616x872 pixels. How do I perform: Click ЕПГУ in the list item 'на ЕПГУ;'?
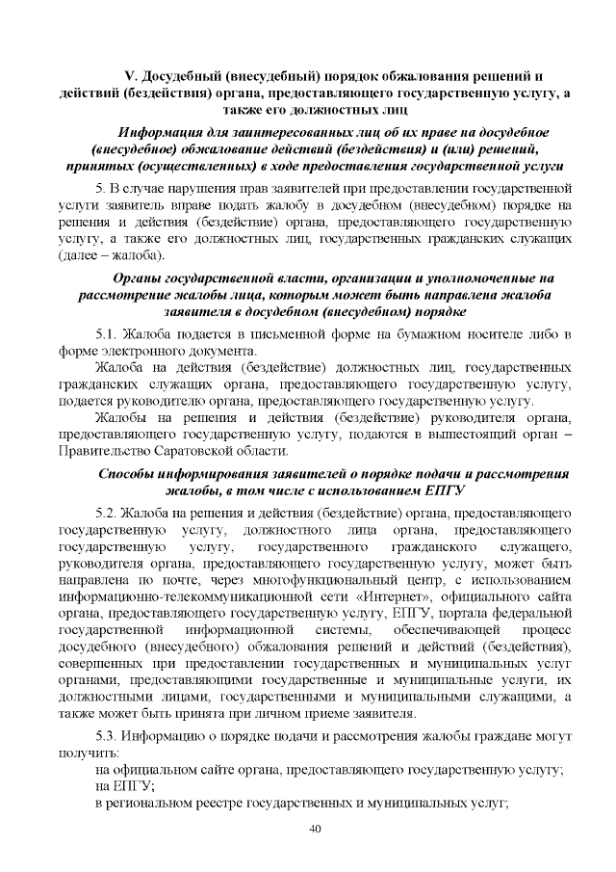pyautogui.click(x=131, y=786)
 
